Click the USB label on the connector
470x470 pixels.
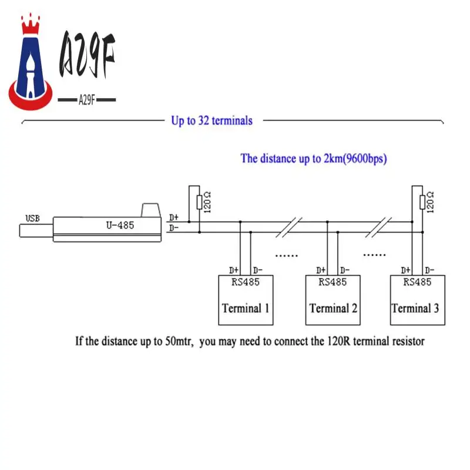click(32, 219)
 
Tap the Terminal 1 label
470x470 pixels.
click(246, 308)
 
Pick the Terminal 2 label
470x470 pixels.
click(334, 308)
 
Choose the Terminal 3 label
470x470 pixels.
click(415, 308)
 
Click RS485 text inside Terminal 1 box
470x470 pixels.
click(244, 282)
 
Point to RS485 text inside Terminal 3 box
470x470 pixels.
click(417, 282)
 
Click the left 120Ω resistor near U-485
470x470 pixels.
click(199, 203)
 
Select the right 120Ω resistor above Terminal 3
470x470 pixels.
click(422, 202)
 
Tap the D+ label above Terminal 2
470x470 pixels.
click(321, 271)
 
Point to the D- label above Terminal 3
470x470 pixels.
click(429, 271)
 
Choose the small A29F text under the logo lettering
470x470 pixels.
click(87, 99)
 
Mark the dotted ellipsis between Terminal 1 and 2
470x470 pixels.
click(287, 256)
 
